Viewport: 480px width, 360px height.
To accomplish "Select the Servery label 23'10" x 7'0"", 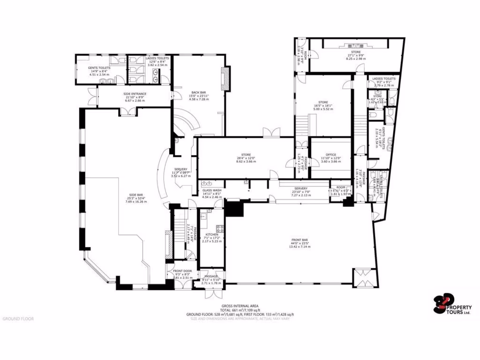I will pyautogui.click(x=301, y=191).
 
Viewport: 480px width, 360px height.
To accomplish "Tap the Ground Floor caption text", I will pyautogui.click(x=18, y=319).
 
